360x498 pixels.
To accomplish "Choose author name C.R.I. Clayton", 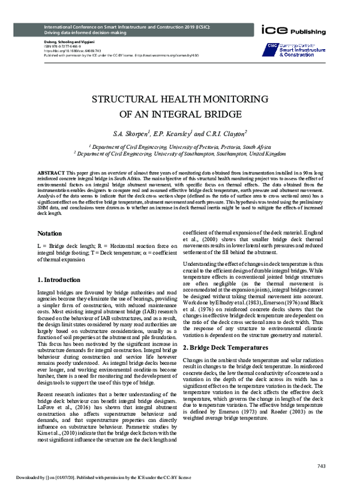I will (x=229, y=133).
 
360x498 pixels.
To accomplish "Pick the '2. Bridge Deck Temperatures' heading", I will (x=223, y=347).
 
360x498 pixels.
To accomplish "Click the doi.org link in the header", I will (x=64, y=50).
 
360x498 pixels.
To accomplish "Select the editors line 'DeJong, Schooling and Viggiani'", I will (x=67, y=42).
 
